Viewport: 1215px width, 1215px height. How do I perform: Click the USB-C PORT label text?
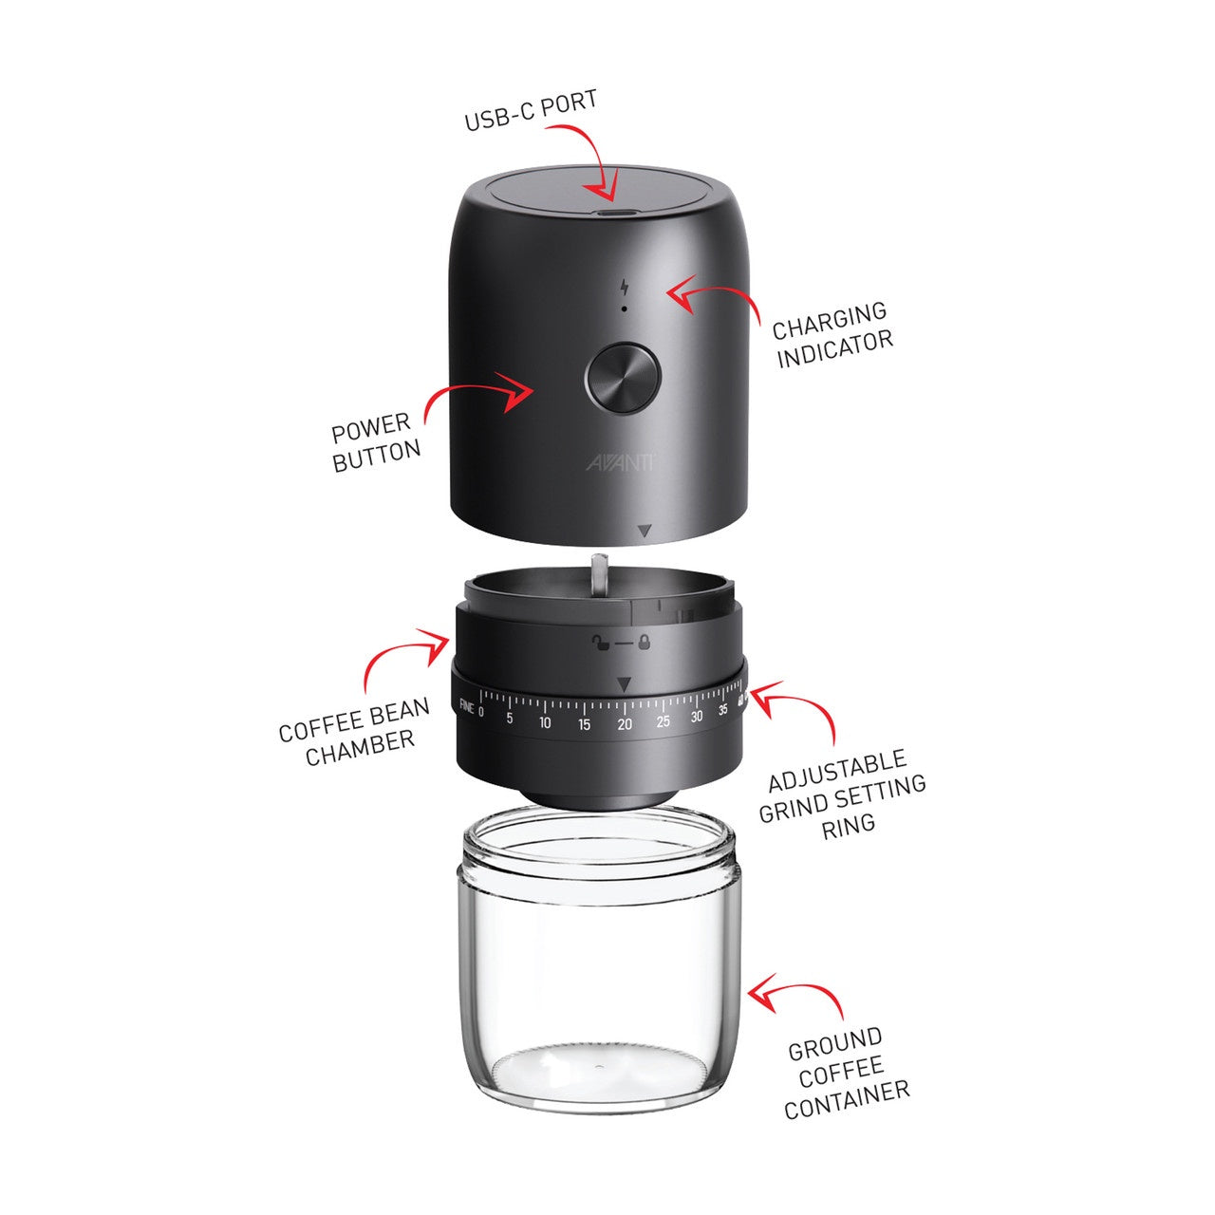click(x=531, y=111)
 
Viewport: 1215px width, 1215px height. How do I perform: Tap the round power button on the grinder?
click(x=622, y=376)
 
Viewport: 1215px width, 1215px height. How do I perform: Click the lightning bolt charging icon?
click(x=624, y=287)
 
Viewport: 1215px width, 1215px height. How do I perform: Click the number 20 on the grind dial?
click(x=624, y=724)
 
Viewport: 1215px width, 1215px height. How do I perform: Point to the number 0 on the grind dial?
click(x=481, y=710)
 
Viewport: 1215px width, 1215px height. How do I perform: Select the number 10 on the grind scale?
click(x=545, y=723)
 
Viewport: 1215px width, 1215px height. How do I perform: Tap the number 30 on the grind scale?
click(x=697, y=718)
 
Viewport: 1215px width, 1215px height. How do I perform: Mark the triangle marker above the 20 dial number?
click(x=624, y=683)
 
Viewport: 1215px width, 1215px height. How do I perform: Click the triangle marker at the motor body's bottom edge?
click(x=645, y=532)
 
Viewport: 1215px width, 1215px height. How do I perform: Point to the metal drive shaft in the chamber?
click(x=599, y=575)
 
